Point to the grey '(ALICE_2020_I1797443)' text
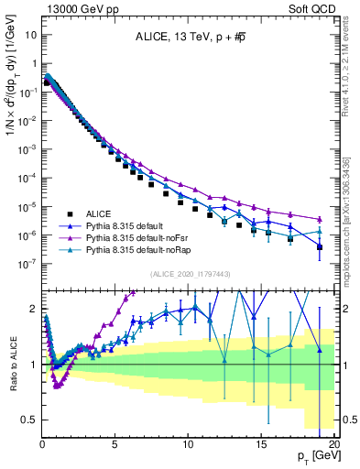pyautogui.click(x=187, y=273)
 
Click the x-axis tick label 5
pyautogui.click(x=115, y=443)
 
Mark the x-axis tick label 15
pyautogui.click(x=260, y=443)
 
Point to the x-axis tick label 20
pyautogui.click(x=333, y=443)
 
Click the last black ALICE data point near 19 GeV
pyautogui.click(x=319, y=247)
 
